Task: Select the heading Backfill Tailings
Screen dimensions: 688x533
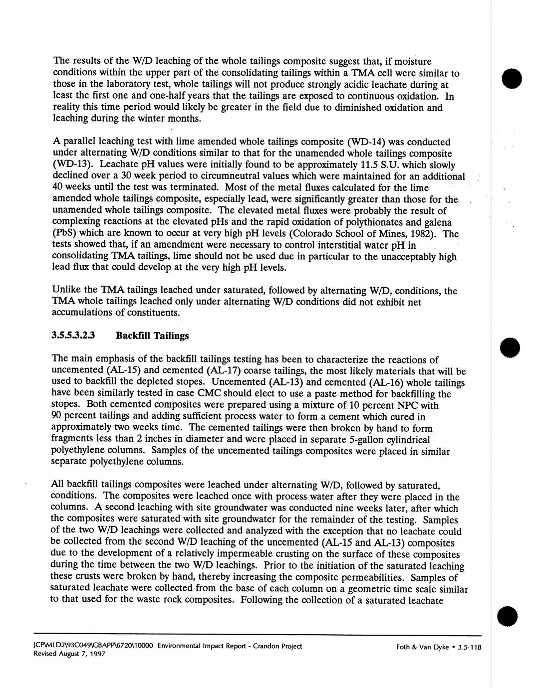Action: click(x=152, y=336)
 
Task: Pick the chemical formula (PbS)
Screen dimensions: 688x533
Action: click(x=64, y=233)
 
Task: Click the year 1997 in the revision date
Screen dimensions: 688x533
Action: click(x=97, y=655)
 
